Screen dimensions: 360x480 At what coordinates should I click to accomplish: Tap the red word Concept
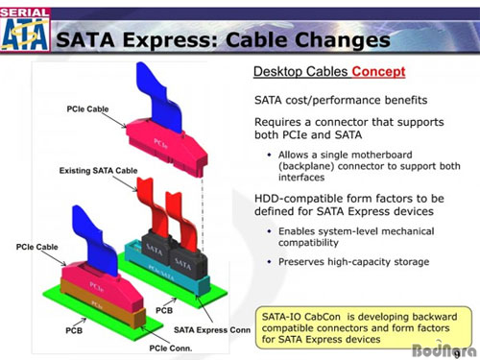point(378,72)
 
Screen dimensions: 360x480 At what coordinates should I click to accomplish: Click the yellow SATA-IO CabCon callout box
point(358,326)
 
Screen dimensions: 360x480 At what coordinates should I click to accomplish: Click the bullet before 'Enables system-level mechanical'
point(268,231)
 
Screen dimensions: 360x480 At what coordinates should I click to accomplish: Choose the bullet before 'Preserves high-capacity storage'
point(268,262)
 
